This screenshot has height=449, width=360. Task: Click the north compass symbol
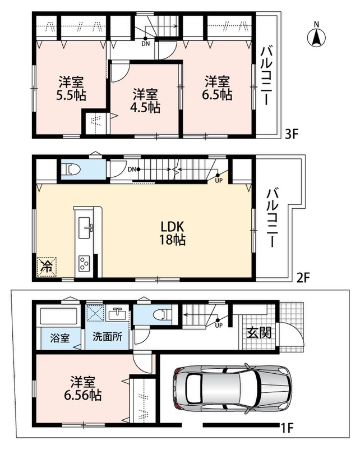pos(316,37)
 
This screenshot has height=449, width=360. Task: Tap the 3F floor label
pos(292,134)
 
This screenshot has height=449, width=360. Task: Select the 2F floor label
pos(303,277)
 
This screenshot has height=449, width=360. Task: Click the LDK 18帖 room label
pos(172,233)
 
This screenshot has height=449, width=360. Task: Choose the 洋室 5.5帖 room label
pos(71,88)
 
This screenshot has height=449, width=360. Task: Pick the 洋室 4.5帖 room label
pos(145,101)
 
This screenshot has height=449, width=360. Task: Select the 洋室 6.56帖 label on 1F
pos(82,388)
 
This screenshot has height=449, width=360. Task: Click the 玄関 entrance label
pos(259,332)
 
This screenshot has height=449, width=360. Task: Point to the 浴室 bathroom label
pos(60,338)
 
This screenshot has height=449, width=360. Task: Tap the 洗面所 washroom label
pos(107,337)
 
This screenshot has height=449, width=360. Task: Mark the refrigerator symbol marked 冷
pos(47,267)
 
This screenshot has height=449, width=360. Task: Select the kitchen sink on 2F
pos(85,227)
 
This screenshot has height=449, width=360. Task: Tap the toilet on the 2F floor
pos(73,169)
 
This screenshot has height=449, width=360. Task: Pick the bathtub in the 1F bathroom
pos(59,317)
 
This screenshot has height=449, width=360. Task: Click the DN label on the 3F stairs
pos(145,44)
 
